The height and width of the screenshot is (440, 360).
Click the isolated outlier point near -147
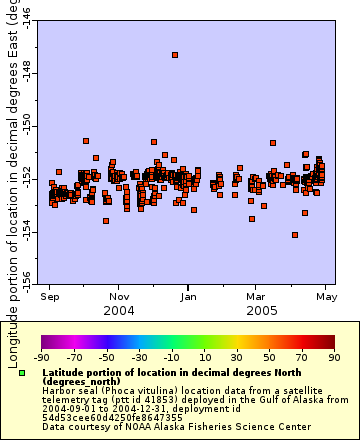(x=175, y=55)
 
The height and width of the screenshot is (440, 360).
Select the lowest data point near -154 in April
(x=295, y=235)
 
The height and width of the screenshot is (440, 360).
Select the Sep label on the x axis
(x=49, y=297)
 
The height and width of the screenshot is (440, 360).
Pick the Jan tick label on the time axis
(x=187, y=297)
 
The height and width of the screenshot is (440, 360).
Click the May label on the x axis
(x=325, y=297)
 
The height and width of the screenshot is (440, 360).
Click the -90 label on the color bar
(x=41, y=357)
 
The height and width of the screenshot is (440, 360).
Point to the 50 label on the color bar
(x=269, y=357)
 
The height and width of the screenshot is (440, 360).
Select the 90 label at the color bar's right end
(x=333, y=357)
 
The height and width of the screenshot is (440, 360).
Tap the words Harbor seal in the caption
(x=65, y=390)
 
